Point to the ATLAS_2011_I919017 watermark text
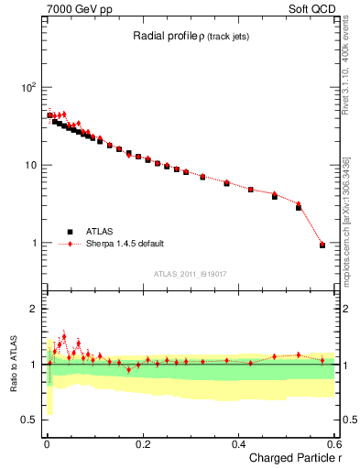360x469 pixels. click(x=190, y=273)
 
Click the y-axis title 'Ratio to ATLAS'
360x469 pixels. click(x=13, y=364)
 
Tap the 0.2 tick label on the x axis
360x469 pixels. click(x=142, y=443)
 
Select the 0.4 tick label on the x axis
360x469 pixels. click(x=238, y=443)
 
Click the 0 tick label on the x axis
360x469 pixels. click(x=47, y=443)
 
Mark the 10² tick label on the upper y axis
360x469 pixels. click(x=28, y=87)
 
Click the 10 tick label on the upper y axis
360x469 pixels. click(x=30, y=165)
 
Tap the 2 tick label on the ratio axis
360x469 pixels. click(x=35, y=309)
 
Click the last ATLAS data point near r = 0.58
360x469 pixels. click(x=322, y=245)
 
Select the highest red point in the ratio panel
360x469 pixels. click(x=63, y=335)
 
